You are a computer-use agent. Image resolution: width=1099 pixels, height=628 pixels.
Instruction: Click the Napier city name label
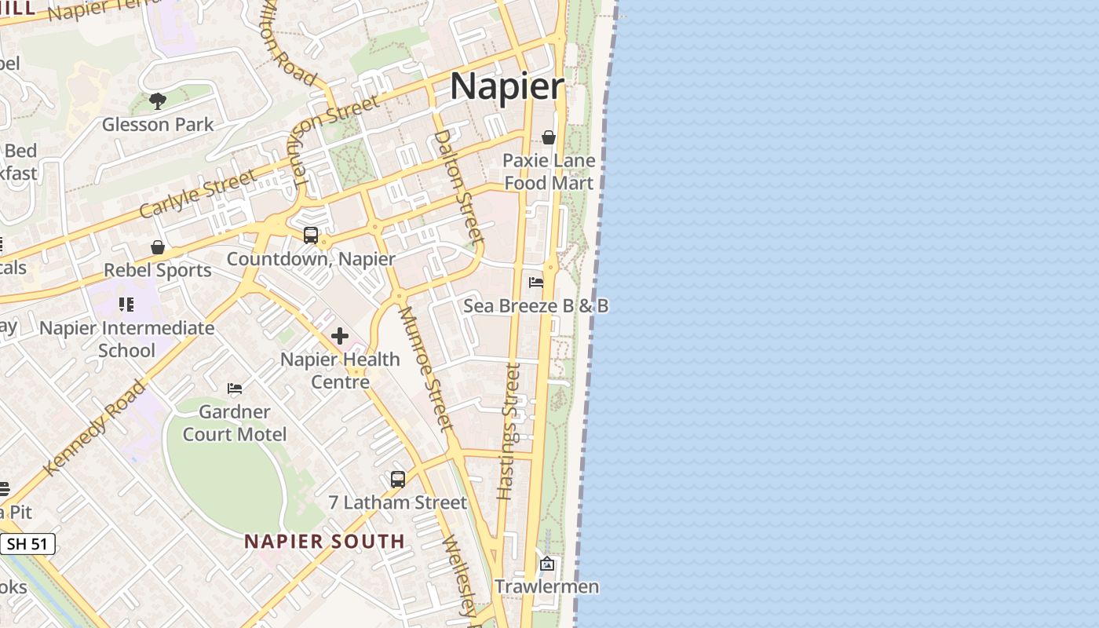click(x=507, y=86)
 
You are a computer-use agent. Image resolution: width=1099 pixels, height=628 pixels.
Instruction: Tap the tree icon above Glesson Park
click(x=158, y=101)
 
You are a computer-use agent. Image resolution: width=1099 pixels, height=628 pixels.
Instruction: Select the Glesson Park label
click(x=158, y=124)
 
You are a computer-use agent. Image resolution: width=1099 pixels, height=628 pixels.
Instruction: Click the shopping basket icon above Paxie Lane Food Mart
click(x=549, y=138)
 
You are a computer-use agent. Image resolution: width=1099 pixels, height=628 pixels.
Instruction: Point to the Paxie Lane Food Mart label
click(x=549, y=171)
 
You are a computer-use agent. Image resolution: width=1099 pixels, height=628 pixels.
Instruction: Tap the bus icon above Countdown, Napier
click(x=311, y=235)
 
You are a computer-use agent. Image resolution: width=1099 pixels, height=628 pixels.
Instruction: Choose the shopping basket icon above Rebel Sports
click(x=158, y=247)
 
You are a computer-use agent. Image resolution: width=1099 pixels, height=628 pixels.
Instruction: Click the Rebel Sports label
click(x=158, y=270)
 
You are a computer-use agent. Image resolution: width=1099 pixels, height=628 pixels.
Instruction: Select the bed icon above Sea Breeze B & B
click(x=536, y=283)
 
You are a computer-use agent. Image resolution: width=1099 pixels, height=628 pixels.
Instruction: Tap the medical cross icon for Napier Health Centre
click(x=340, y=336)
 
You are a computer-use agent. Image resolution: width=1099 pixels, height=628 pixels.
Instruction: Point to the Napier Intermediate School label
click(x=126, y=339)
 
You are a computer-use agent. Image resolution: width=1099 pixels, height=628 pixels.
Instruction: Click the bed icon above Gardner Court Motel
click(x=235, y=388)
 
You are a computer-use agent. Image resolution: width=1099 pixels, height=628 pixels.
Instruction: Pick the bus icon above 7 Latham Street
click(x=398, y=479)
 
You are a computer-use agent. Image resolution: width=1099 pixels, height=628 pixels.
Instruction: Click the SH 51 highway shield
click(x=28, y=543)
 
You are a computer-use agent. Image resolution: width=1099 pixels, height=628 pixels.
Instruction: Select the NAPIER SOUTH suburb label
click(x=324, y=541)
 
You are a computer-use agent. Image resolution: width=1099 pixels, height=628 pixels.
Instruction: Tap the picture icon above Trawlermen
click(x=547, y=564)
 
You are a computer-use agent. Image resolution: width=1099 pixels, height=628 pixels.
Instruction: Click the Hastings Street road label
click(x=509, y=432)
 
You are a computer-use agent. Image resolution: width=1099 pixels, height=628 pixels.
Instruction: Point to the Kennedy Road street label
click(x=95, y=428)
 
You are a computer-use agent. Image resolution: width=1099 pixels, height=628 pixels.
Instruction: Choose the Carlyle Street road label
click(x=198, y=194)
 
